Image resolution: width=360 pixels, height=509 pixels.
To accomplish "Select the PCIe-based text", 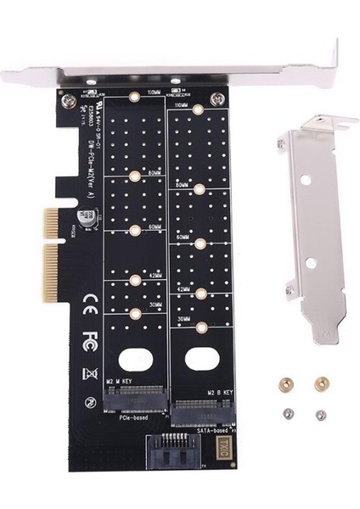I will [x=121, y=419].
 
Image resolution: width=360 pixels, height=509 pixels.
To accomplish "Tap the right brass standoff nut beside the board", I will [x=320, y=383].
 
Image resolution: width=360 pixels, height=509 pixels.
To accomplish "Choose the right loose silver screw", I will [x=319, y=415].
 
